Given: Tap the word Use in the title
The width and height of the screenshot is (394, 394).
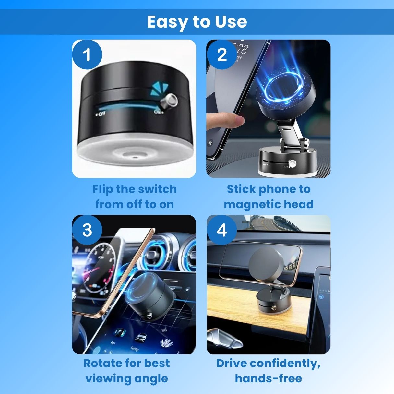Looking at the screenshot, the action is [x=231, y=22].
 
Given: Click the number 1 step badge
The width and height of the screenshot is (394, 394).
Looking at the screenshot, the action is [x=87, y=54].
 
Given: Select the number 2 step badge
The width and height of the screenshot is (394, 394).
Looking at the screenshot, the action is [x=222, y=54].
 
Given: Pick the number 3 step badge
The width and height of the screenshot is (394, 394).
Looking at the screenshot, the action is [x=87, y=230].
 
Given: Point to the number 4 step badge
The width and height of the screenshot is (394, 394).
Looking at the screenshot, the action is [x=222, y=230].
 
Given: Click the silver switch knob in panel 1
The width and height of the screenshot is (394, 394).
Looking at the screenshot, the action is [x=169, y=101].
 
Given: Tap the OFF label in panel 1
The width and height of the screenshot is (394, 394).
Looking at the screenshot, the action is [x=100, y=114].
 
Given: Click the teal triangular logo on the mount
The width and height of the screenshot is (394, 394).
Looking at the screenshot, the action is [x=159, y=89].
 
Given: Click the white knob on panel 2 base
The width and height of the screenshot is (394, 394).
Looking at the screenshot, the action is [x=292, y=163].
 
